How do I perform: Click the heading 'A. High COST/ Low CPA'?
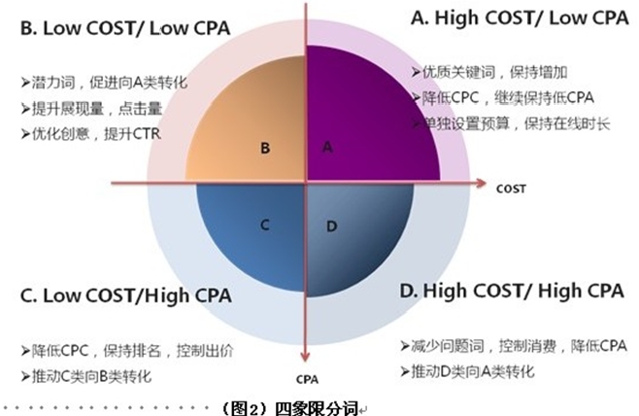pos(520,18)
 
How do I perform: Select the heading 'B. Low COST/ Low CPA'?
pos(125,28)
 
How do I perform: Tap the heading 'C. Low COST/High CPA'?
pos(126,295)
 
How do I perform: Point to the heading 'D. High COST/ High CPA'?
pos(512,292)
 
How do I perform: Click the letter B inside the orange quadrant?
pos(265,148)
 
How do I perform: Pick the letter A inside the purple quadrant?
pos(327,147)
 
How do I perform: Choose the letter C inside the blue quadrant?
pos(265,225)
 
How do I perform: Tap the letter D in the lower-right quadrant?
pos(332,226)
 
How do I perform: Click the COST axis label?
pos(511,189)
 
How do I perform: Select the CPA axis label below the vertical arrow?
pos(307,380)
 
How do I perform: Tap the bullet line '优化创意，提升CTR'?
pos(91,134)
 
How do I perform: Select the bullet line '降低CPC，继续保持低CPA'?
pos(503,98)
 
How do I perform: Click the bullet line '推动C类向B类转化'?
pos(86,376)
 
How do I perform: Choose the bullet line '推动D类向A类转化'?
pos(467,371)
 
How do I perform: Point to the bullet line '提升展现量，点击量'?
pos(92,109)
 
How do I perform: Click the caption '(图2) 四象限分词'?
pos(291,408)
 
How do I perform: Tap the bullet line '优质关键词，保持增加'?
pos(489,72)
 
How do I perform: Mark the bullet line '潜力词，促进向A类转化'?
pos(104,83)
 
